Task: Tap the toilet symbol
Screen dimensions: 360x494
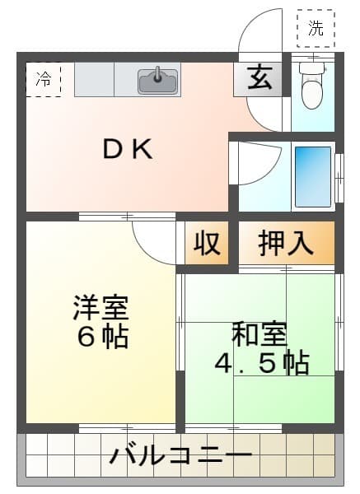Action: [311, 85]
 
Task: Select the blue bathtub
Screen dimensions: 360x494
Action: [313, 177]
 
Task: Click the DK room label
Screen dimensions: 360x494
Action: [128, 149]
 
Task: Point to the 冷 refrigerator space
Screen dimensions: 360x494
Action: [43, 79]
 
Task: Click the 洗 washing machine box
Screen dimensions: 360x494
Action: [316, 28]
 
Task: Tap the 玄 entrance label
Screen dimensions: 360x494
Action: [259, 78]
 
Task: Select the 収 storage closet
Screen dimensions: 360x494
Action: [207, 243]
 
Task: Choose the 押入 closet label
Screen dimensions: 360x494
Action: [286, 243]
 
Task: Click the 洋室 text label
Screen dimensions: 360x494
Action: [101, 307]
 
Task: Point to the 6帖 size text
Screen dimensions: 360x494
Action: [103, 336]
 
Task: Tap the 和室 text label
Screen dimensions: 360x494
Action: [259, 334]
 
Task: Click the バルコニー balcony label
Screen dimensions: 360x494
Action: [181, 455]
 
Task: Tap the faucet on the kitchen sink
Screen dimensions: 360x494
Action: [157, 75]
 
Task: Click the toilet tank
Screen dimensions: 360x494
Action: [311, 68]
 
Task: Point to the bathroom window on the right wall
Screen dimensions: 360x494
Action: [339, 178]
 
